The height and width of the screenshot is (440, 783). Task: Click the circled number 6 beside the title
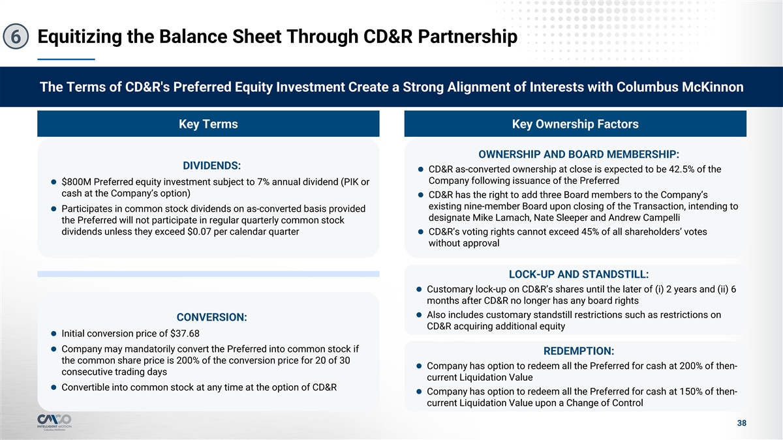pos(16,37)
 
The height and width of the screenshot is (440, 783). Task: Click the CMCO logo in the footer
pos(54,422)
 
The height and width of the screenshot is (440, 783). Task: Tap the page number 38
pos(742,423)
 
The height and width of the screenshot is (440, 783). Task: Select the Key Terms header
pos(208,124)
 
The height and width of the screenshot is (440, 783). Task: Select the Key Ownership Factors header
pos(576,124)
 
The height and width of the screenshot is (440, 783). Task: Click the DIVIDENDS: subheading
pos(212,166)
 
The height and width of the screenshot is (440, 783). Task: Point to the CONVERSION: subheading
pos(212,317)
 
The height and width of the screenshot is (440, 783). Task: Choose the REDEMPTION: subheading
pos(579,351)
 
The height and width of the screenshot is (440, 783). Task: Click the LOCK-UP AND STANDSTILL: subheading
pos(579,274)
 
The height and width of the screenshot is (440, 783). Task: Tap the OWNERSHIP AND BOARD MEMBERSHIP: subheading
pos(579,154)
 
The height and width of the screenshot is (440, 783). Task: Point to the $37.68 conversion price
pos(185,334)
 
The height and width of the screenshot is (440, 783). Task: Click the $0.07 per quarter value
pos(199,232)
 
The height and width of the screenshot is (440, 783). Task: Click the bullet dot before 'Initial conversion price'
pos(54,334)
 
